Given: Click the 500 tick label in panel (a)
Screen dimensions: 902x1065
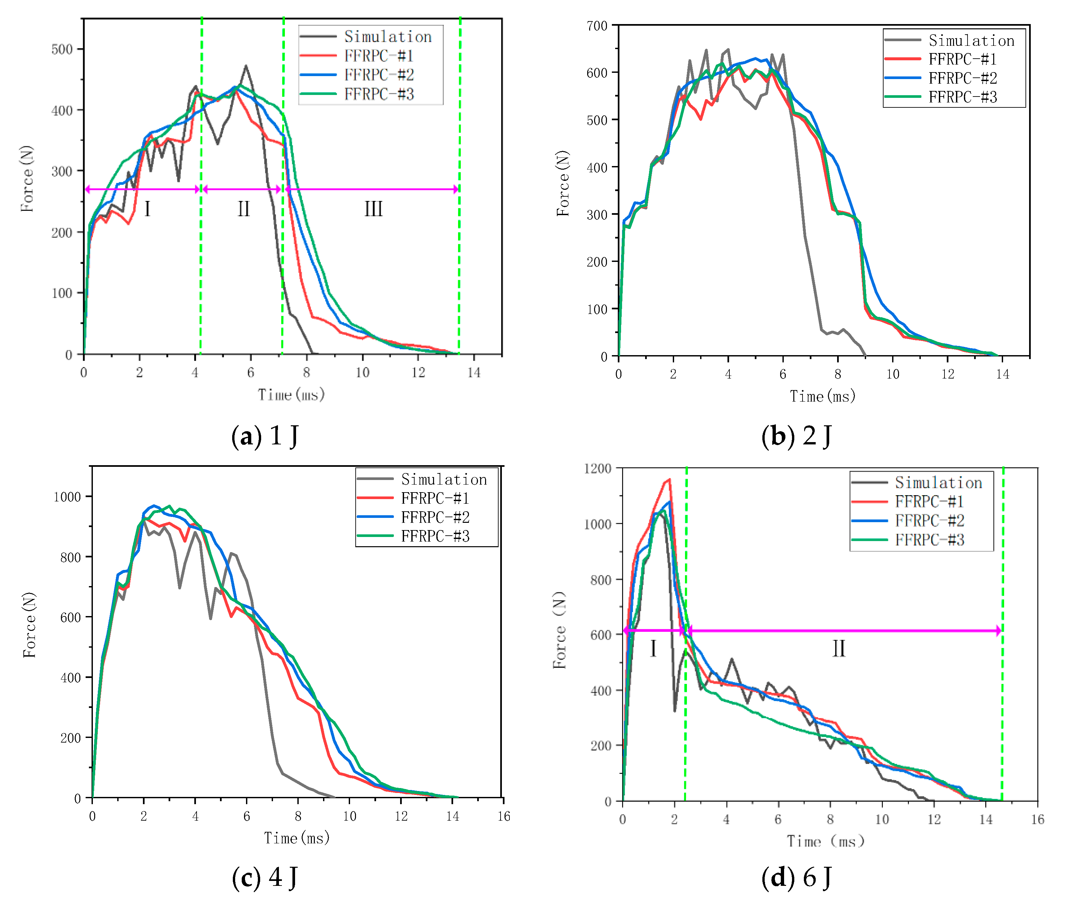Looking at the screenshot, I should click(x=62, y=50).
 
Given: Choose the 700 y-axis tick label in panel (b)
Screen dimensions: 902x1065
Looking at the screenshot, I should click(x=597, y=26).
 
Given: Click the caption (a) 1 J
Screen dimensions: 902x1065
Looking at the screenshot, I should click(x=265, y=436).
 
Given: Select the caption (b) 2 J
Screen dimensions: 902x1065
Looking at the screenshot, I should click(x=796, y=436).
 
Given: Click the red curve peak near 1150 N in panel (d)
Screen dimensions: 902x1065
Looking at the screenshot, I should click(x=669, y=480).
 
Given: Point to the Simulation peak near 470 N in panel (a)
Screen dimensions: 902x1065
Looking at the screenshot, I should click(x=246, y=66).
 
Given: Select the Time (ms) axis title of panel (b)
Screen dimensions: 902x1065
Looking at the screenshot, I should click(x=822, y=396).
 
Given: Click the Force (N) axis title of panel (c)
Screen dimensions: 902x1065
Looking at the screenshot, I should click(x=29, y=625).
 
